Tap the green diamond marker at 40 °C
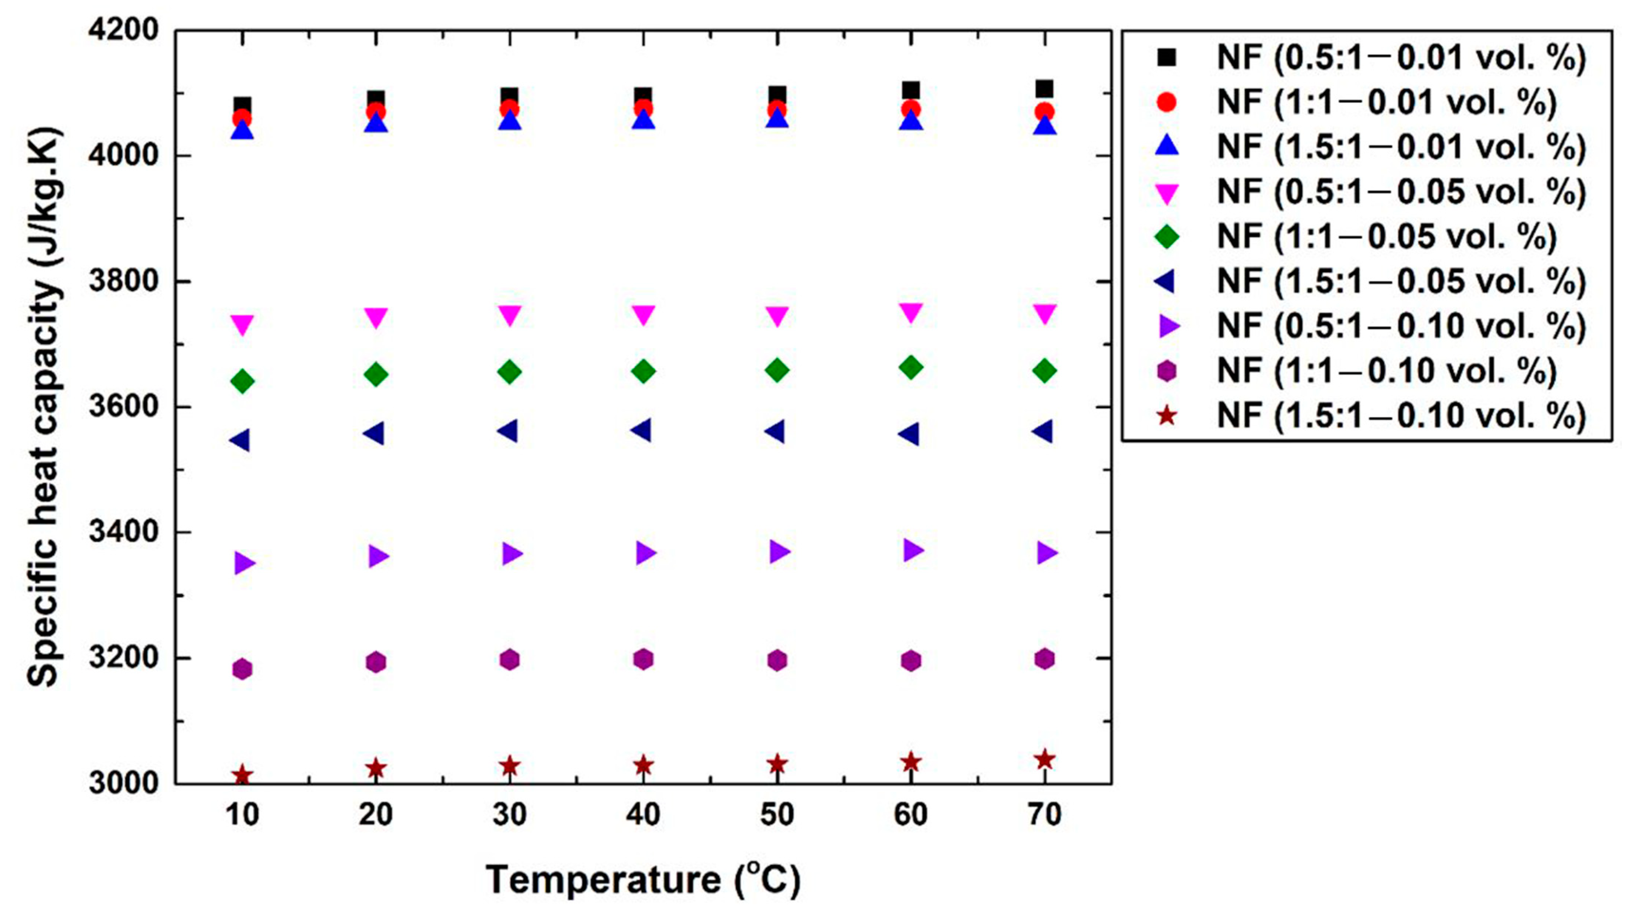[x=643, y=371]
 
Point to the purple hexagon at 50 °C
[x=777, y=660]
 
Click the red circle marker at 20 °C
[x=376, y=112]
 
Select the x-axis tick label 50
[x=777, y=815]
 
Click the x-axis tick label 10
[x=242, y=815]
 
